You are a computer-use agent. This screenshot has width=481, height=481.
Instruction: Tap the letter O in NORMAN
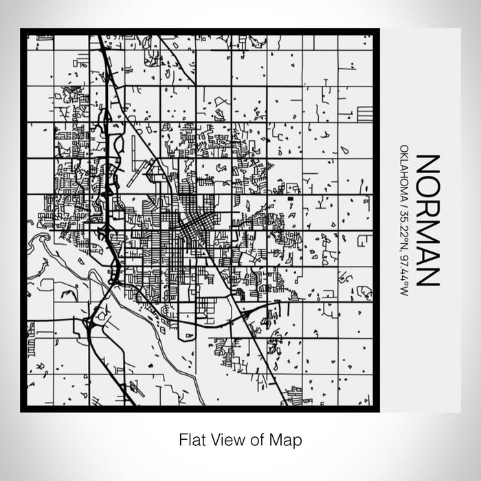427,187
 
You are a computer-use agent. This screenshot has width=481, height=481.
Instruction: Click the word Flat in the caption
191,438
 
